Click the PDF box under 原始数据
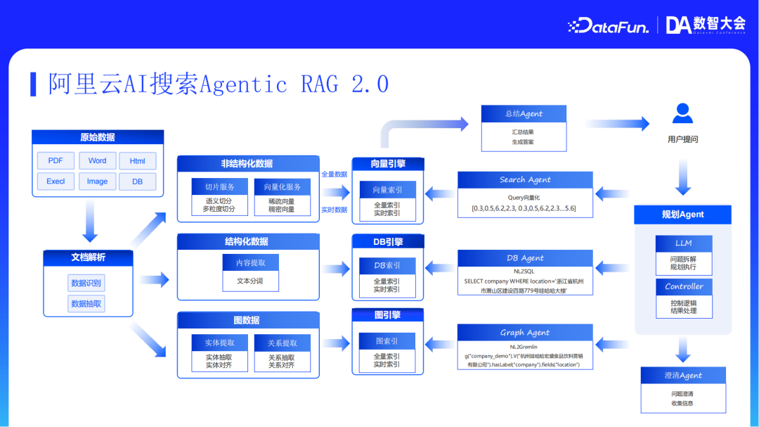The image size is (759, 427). [x=56, y=160]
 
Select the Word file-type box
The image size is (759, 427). [x=97, y=160]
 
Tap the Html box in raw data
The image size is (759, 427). [x=138, y=160]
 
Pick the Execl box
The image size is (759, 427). [x=56, y=181]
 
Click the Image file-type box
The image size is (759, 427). [x=97, y=181]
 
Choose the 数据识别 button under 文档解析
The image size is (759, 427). [x=86, y=283]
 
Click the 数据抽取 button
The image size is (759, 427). [x=86, y=304]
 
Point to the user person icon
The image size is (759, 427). [x=682, y=113]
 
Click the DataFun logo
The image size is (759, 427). [x=608, y=26]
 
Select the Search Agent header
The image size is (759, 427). [x=525, y=180]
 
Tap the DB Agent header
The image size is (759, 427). [x=525, y=258]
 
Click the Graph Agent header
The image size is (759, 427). [x=525, y=333]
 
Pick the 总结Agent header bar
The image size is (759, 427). [x=524, y=114]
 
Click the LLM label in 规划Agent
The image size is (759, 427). [x=683, y=243]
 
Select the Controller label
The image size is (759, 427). [x=683, y=286]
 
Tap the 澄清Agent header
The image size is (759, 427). [x=683, y=376]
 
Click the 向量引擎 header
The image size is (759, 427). [x=388, y=164]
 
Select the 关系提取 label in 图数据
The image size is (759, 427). [x=282, y=343]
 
